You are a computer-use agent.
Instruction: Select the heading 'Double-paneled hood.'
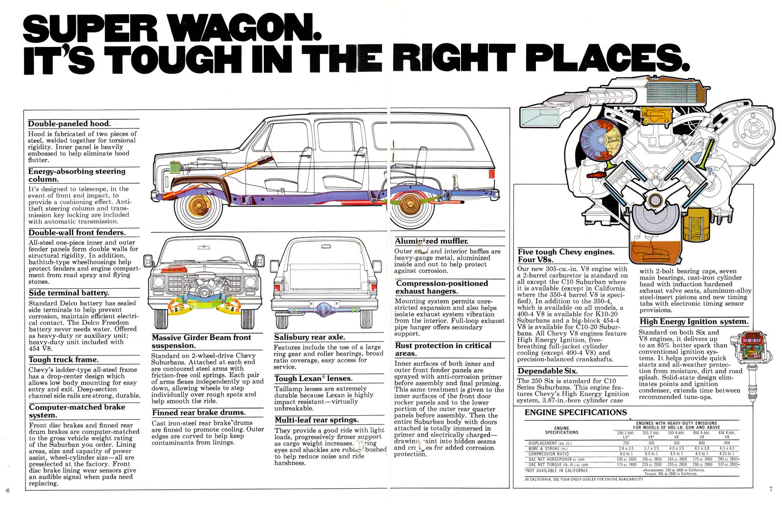click(x=69, y=124)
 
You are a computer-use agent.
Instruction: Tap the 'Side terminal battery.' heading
click(x=69, y=293)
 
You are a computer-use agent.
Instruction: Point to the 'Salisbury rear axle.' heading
click(x=309, y=337)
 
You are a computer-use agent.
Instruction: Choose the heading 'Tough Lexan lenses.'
click(x=313, y=378)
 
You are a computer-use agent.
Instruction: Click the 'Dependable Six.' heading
click(x=548, y=371)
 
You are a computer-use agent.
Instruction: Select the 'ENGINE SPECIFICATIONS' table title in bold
click(x=576, y=412)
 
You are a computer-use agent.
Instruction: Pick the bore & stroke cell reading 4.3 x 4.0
click(x=726, y=448)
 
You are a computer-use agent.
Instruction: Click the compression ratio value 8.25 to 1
click(x=726, y=453)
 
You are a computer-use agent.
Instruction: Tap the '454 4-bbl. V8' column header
click(x=726, y=435)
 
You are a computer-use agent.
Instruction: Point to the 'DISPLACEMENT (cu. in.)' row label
click(x=550, y=443)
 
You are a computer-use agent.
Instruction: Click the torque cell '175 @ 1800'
click(x=626, y=465)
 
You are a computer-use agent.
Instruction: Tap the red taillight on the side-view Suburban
click(x=491, y=174)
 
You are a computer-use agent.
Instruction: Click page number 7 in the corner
click(x=771, y=489)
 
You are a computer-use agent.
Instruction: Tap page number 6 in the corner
click(x=8, y=490)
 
